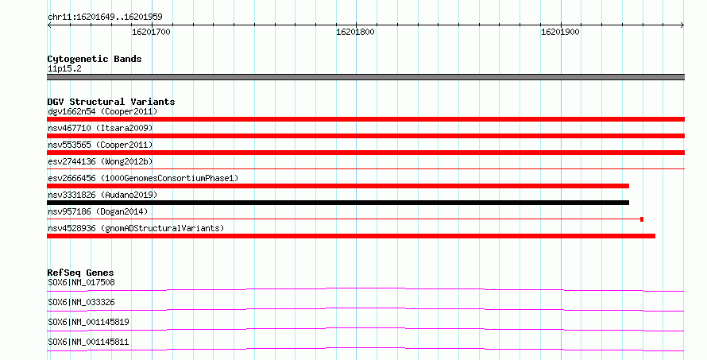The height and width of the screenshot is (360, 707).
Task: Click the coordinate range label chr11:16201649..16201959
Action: (x=105, y=17)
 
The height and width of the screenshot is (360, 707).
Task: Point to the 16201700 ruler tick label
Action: (x=151, y=32)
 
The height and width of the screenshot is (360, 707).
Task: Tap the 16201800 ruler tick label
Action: (x=355, y=32)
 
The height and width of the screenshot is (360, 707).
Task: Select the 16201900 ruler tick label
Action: (x=560, y=32)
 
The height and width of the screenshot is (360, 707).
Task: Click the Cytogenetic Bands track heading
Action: (x=95, y=59)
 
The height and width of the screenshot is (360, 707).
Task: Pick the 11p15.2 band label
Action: (x=64, y=68)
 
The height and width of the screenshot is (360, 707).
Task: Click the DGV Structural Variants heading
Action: (x=111, y=102)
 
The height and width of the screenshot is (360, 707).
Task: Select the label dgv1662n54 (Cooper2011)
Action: (x=102, y=111)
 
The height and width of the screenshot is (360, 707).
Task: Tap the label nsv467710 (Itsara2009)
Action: (x=100, y=128)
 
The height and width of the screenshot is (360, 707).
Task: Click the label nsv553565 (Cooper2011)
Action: (x=100, y=145)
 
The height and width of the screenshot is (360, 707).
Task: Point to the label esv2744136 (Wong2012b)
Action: (x=100, y=161)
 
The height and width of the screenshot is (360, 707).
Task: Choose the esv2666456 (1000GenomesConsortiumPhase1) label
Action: (x=143, y=178)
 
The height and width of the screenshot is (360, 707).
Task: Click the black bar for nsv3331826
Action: (x=338, y=203)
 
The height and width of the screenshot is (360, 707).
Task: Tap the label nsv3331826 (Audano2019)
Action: (x=102, y=195)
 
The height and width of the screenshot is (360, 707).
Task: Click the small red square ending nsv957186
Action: (x=642, y=219)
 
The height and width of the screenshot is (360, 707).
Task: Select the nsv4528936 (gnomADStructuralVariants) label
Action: (x=136, y=228)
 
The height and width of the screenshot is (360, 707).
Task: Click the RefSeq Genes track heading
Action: (x=80, y=273)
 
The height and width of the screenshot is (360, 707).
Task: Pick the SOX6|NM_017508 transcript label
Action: (x=81, y=282)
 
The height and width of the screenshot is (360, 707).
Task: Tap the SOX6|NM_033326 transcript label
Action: (x=81, y=302)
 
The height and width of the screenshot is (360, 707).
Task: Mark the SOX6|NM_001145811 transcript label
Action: (x=88, y=342)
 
